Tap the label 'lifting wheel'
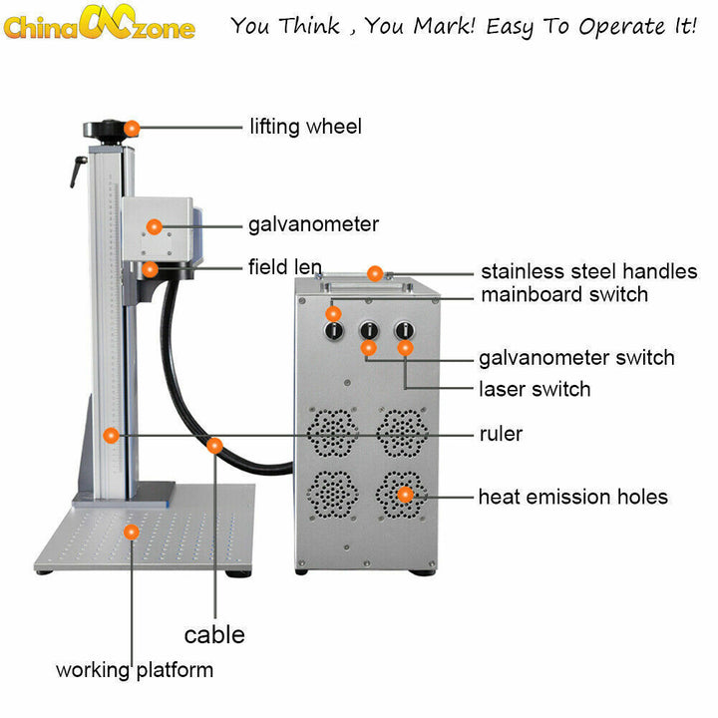(x=305, y=127)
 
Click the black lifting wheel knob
(x=104, y=129)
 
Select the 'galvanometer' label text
(x=313, y=224)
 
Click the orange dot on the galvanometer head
(x=154, y=226)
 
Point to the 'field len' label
(x=284, y=267)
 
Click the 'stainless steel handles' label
(x=588, y=271)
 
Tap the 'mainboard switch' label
(x=564, y=295)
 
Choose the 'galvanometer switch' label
(x=576, y=358)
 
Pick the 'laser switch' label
(x=535, y=389)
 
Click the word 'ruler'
(x=501, y=435)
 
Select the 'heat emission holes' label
(x=572, y=497)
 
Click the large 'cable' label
(x=214, y=635)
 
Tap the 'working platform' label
(x=135, y=669)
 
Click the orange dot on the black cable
(x=214, y=446)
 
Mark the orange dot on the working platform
(x=131, y=533)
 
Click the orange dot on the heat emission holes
(x=405, y=494)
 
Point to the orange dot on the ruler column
(x=112, y=435)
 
